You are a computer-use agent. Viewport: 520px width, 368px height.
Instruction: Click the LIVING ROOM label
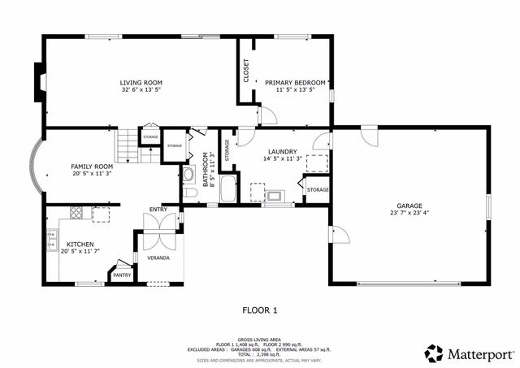[141, 83]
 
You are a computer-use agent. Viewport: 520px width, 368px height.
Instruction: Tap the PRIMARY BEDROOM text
[295, 83]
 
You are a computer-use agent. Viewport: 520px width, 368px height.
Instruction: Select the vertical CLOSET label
[246, 71]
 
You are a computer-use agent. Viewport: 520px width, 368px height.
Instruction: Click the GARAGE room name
[409, 206]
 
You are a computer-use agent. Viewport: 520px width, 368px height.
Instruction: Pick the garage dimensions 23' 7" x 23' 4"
[409, 213]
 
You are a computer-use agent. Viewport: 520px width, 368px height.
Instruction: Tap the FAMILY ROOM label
[92, 165]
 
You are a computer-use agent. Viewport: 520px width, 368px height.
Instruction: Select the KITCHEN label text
[80, 244]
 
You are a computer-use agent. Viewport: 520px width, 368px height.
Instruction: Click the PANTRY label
[122, 275]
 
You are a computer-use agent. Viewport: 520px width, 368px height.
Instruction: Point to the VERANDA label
[158, 258]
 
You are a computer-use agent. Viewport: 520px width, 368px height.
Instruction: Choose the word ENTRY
[158, 210]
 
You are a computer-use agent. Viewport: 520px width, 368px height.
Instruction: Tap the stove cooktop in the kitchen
[76, 214]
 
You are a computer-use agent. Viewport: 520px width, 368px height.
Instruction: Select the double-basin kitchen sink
[52, 240]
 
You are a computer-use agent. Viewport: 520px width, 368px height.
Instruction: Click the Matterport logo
[470, 353]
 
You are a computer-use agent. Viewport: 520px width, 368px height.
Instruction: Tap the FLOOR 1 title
[260, 310]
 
